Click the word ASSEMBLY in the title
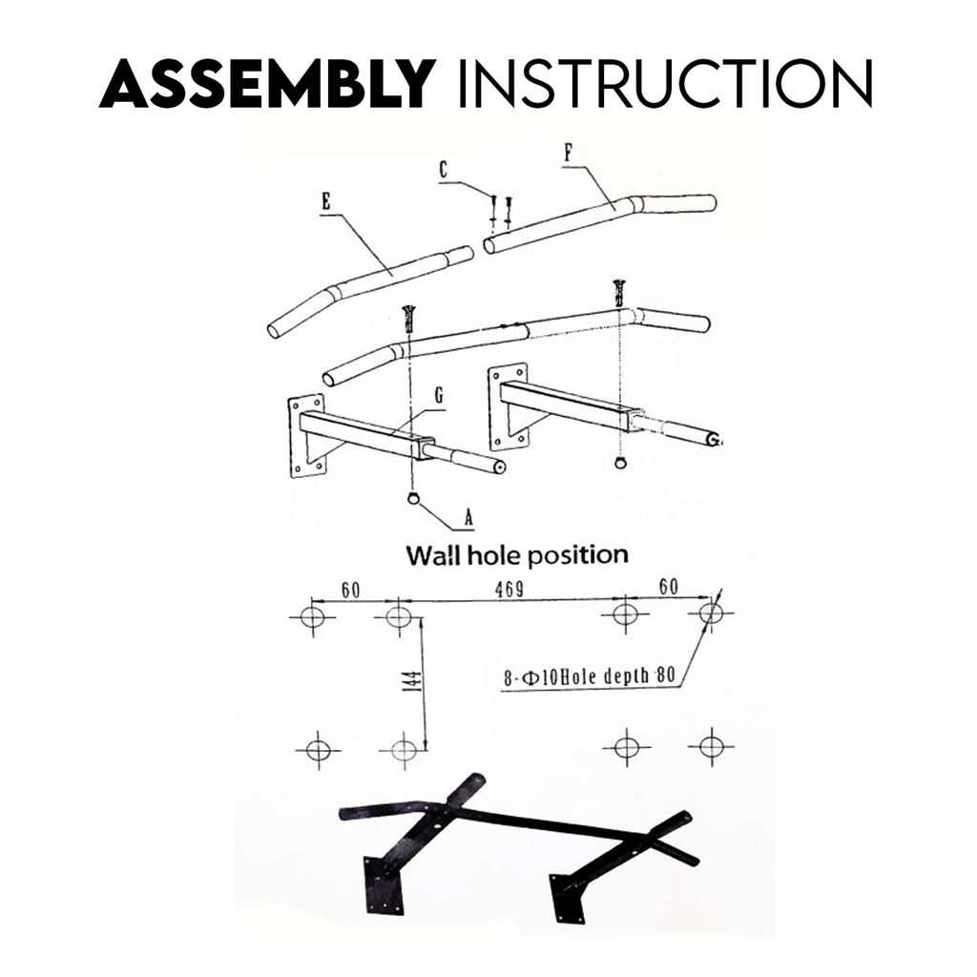tap(267, 84)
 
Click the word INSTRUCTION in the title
tap(665, 84)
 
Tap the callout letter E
tap(326, 201)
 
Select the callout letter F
tap(569, 152)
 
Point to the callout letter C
tap(444, 169)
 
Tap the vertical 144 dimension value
tap(412, 681)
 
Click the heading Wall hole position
tap(517, 554)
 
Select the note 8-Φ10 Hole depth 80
tap(590, 677)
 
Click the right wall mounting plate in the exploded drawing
tap(508, 406)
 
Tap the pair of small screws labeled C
tap(501, 211)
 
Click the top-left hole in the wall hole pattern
tap(313, 617)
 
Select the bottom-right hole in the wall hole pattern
tap(711, 745)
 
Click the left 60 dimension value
tap(350, 591)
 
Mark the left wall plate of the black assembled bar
tap(385, 883)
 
